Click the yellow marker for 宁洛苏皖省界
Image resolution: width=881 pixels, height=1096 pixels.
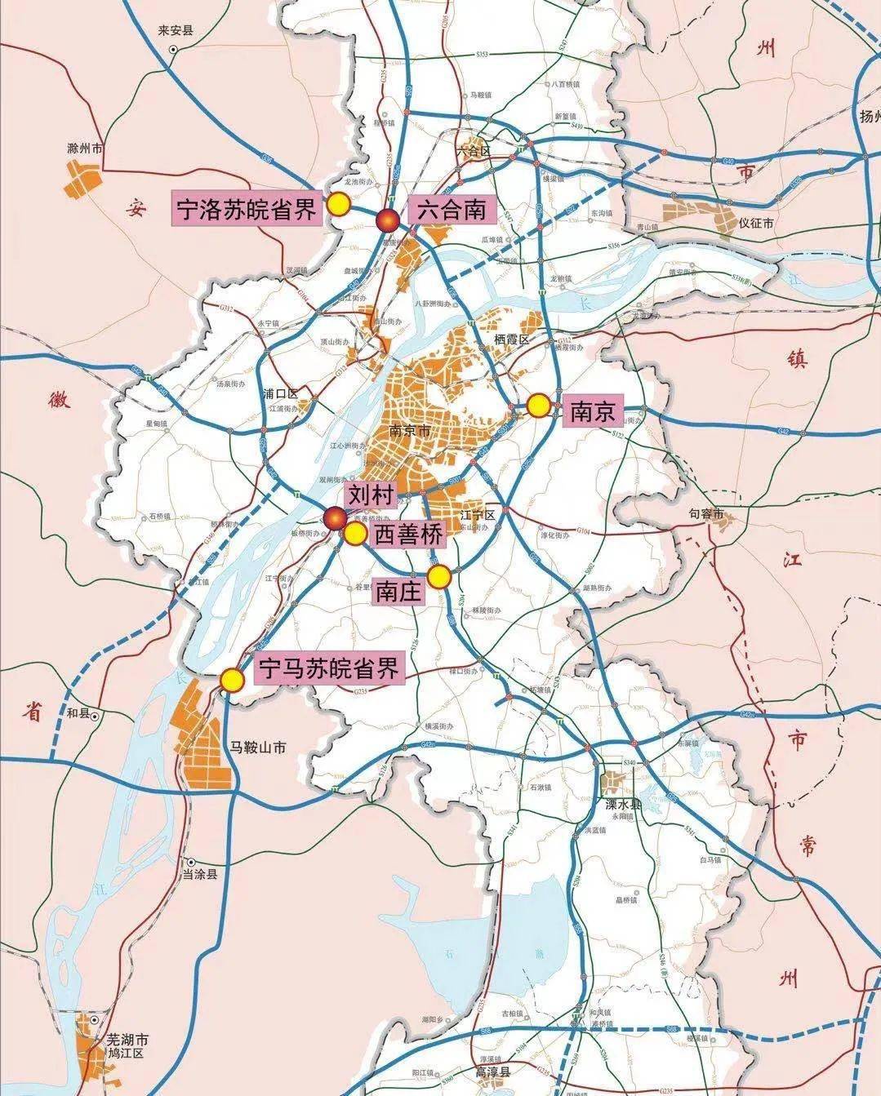(x=338, y=204)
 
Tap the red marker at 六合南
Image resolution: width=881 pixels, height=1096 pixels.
(x=387, y=220)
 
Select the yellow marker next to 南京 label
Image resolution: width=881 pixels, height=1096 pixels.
(x=538, y=406)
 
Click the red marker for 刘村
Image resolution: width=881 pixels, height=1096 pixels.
(x=335, y=518)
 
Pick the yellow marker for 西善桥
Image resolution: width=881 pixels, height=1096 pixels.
(x=354, y=534)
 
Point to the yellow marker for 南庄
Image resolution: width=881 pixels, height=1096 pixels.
(x=439, y=577)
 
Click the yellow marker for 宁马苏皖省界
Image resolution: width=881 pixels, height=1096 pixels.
(x=233, y=680)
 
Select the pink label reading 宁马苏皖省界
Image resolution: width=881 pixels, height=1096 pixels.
(x=329, y=670)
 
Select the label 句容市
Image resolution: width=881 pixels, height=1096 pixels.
(x=706, y=514)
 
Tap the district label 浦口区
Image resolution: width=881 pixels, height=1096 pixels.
(x=279, y=393)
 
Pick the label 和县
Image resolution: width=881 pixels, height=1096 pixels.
(x=78, y=713)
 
